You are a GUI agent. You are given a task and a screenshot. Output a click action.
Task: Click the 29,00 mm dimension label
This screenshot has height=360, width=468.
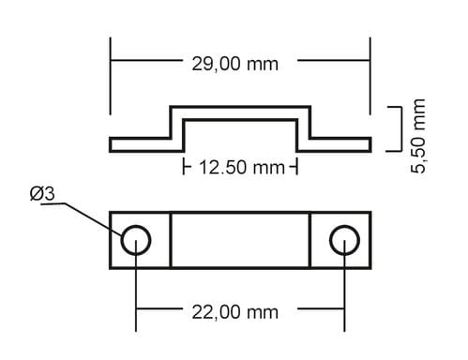pyautogui.click(x=234, y=64)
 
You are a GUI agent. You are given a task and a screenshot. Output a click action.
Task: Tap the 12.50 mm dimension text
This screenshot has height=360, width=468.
pyautogui.click(x=242, y=167)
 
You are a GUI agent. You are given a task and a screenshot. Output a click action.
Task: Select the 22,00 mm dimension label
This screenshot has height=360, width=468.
pyautogui.click(x=234, y=312)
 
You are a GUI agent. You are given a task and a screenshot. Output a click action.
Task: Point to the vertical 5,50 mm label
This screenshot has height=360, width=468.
pyautogui.click(x=418, y=136)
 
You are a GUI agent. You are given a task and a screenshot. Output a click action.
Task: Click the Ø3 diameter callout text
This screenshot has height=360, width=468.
pyautogui.click(x=42, y=194)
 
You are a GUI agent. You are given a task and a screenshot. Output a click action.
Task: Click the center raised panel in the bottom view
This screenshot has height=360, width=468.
pyautogui.click(x=240, y=240)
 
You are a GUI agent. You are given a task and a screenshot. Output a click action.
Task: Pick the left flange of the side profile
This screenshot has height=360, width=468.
pyautogui.click(x=140, y=144)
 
